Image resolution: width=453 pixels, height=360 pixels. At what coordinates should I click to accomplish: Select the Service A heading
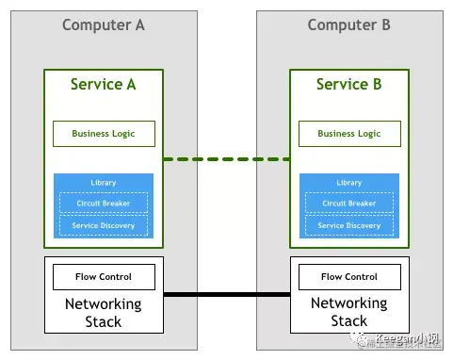103,85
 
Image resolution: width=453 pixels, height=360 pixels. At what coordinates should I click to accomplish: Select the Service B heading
348,85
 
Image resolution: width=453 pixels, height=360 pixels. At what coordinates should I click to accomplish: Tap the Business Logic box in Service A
103,134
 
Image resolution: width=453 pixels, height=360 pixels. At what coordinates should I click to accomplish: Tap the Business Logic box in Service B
348,134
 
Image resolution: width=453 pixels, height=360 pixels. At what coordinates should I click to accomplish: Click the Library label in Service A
103,183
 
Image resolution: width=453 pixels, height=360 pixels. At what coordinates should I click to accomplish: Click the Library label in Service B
348,183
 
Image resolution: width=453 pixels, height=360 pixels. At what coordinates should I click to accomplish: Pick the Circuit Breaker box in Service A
103,204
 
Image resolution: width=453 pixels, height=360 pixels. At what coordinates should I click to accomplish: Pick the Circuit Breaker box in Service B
348,204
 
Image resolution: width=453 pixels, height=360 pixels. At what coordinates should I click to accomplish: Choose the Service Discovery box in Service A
103,226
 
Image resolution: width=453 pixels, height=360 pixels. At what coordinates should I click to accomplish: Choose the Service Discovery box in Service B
348,226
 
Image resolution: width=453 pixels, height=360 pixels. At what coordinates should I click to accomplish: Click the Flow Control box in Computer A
103,277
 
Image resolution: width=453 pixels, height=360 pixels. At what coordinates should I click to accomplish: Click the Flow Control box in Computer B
348,277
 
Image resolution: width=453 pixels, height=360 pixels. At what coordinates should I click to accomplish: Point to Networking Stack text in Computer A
103,313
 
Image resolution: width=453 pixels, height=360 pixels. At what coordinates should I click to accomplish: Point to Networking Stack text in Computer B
348,313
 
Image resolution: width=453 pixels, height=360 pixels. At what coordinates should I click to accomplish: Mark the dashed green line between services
226,158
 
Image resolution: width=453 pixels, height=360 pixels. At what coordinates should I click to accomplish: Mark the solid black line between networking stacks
226,295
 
